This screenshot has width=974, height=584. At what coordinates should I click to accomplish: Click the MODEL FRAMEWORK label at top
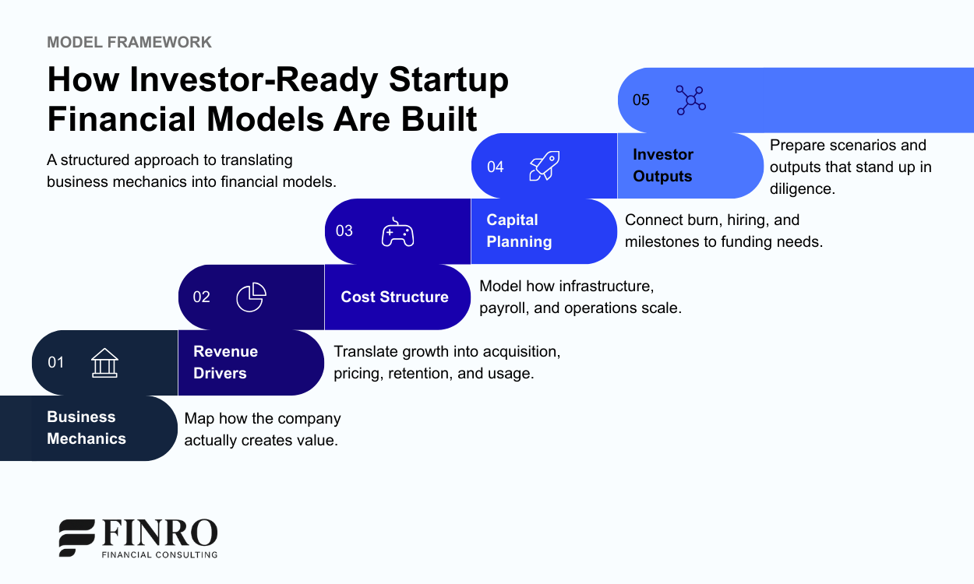coord(129,42)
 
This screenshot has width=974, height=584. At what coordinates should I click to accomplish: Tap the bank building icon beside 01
coord(104,363)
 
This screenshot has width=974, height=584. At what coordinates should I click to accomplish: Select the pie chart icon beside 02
coord(251,297)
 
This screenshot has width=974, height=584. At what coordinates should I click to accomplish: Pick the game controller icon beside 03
coord(397,232)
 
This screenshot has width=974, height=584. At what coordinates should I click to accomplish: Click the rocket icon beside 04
coord(544,166)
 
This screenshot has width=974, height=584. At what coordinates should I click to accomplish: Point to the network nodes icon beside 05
coord(690,100)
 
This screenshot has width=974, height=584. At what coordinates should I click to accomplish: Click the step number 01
coord(56,362)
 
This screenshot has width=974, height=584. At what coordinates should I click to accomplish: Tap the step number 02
coord(202,297)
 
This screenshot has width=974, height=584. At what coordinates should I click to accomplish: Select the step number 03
coord(344,231)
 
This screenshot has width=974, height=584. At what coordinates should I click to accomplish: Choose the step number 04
coord(496,167)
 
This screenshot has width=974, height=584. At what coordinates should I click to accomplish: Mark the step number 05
coord(641,100)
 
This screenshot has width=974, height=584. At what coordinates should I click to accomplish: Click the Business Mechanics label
coord(86,427)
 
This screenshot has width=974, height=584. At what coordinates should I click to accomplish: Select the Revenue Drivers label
coord(225,362)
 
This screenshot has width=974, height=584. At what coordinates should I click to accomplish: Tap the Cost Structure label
coord(394,297)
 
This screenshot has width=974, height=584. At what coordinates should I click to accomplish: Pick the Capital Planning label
coord(519,230)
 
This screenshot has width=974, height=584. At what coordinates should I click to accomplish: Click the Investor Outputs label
coord(662,165)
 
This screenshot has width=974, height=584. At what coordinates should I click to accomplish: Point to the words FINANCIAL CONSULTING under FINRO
coord(160,554)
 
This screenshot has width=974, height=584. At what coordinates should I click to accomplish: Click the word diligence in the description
coord(802,188)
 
